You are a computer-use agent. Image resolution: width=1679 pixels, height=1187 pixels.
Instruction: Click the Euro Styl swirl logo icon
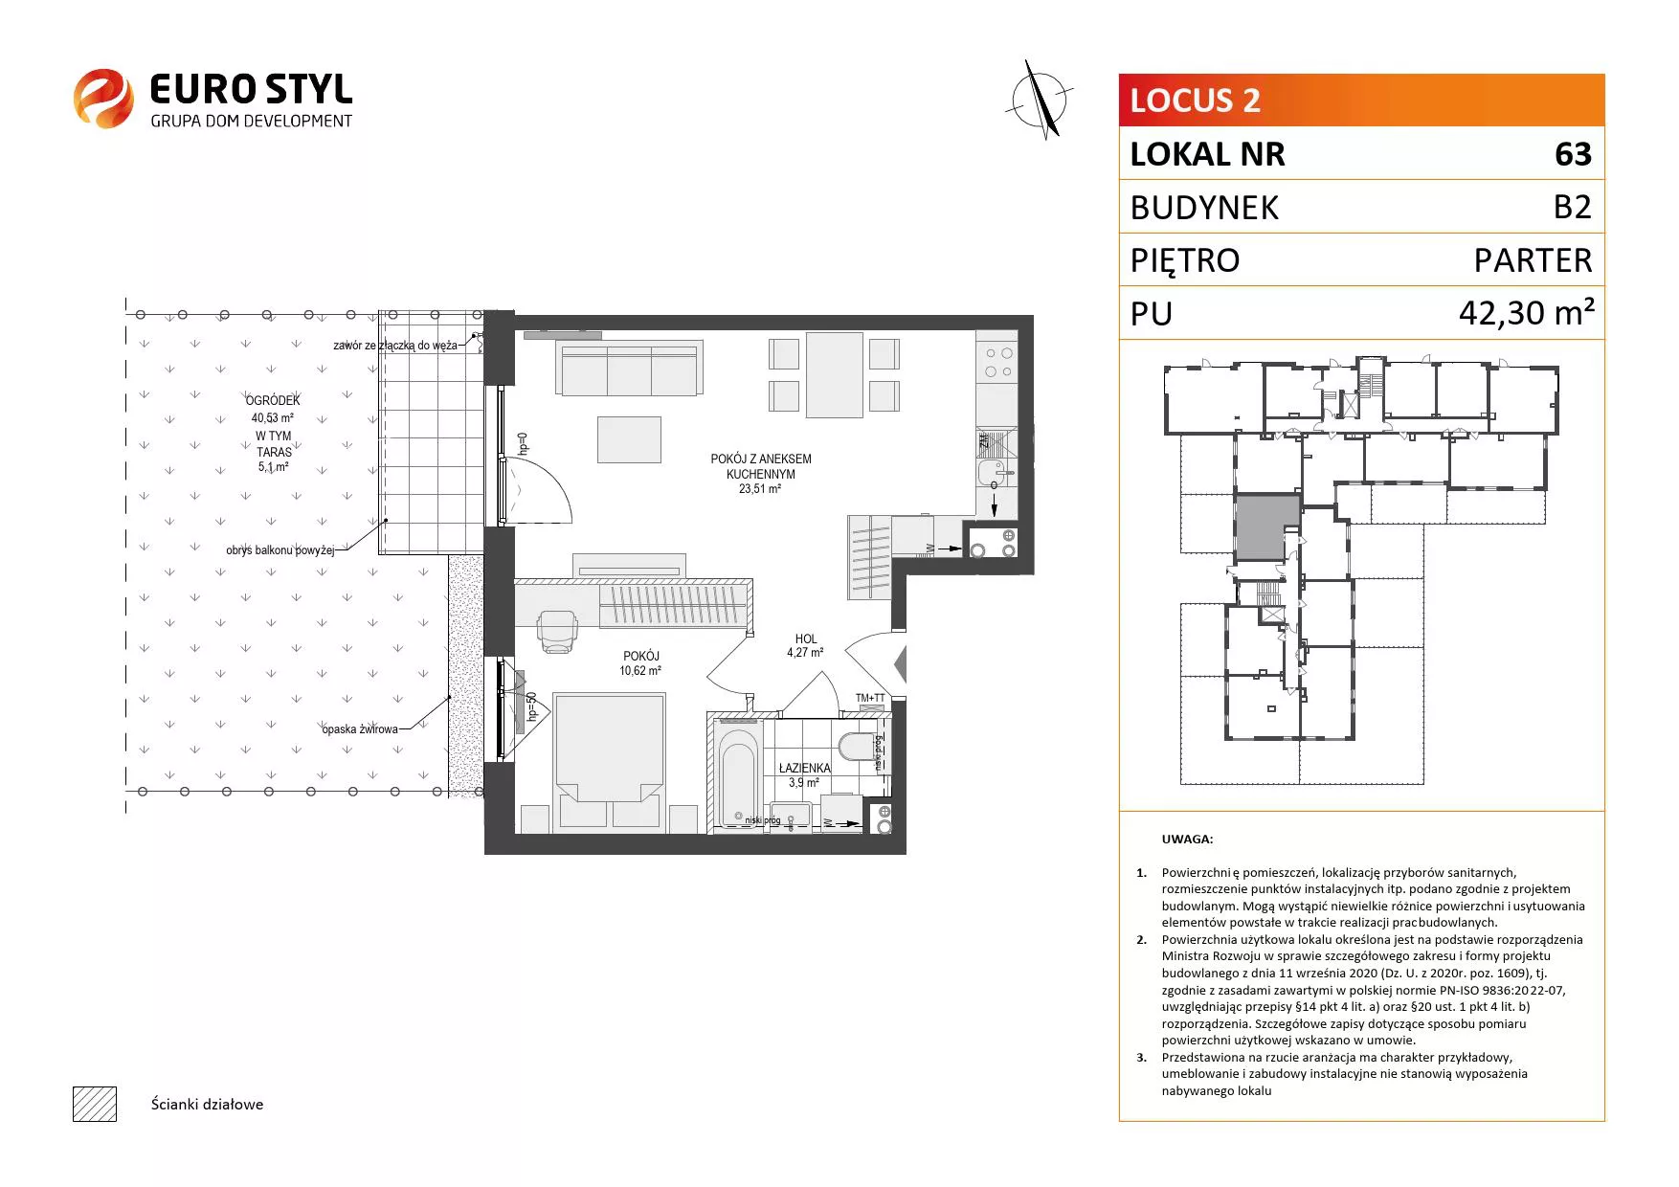click(103, 98)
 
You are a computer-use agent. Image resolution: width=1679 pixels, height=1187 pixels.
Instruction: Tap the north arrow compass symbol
click(1041, 98)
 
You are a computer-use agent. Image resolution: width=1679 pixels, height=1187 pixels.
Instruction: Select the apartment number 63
click(1573, 154)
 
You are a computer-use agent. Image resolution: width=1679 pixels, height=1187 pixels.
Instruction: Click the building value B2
click(1572, 207)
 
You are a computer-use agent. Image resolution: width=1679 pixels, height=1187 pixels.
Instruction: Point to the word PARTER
click(1533, 260)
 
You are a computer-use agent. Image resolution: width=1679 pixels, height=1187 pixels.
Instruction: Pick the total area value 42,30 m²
click(1526, 312)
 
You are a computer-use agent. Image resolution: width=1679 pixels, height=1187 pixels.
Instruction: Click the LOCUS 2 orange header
click(1361, 101)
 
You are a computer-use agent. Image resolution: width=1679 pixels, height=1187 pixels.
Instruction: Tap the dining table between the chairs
click(835, 375)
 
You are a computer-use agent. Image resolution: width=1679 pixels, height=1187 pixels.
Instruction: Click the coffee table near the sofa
click(629, 439)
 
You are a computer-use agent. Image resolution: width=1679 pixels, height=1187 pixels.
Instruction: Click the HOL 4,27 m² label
click(805, 646)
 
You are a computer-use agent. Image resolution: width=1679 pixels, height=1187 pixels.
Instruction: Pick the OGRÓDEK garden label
click(273, 400)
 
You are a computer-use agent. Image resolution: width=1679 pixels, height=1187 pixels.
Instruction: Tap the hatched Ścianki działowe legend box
click(94, 1104)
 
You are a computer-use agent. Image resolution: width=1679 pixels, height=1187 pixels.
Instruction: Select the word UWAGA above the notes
click(1187, 840)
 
